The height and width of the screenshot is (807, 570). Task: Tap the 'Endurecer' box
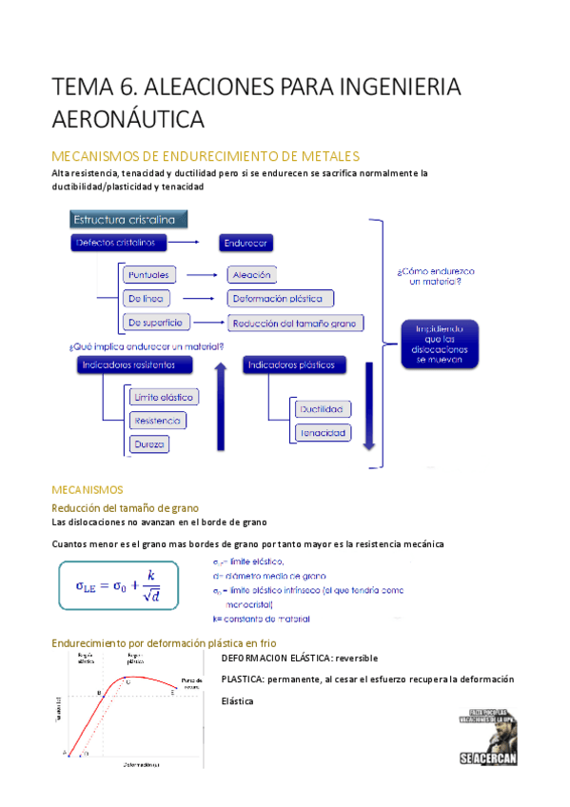coord(246,243)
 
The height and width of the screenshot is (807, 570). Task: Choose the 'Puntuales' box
coord(149,275)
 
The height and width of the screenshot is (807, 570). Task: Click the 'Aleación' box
coord(252,275)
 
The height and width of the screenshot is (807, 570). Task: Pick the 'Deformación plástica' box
coord(281,299)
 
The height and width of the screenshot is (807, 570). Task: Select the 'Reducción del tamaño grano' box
coord(296,323)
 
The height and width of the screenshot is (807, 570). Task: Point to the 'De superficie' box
coord(156,322)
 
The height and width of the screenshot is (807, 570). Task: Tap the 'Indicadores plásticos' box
coord(295,364)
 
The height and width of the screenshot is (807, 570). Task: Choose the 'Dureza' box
coord(150,443)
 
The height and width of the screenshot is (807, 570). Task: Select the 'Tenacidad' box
coord(323,433)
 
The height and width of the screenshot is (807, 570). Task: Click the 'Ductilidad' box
coord(323,409)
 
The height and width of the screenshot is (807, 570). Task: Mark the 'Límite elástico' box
coord(164,397)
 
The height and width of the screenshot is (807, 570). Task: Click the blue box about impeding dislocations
coord(440,344)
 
